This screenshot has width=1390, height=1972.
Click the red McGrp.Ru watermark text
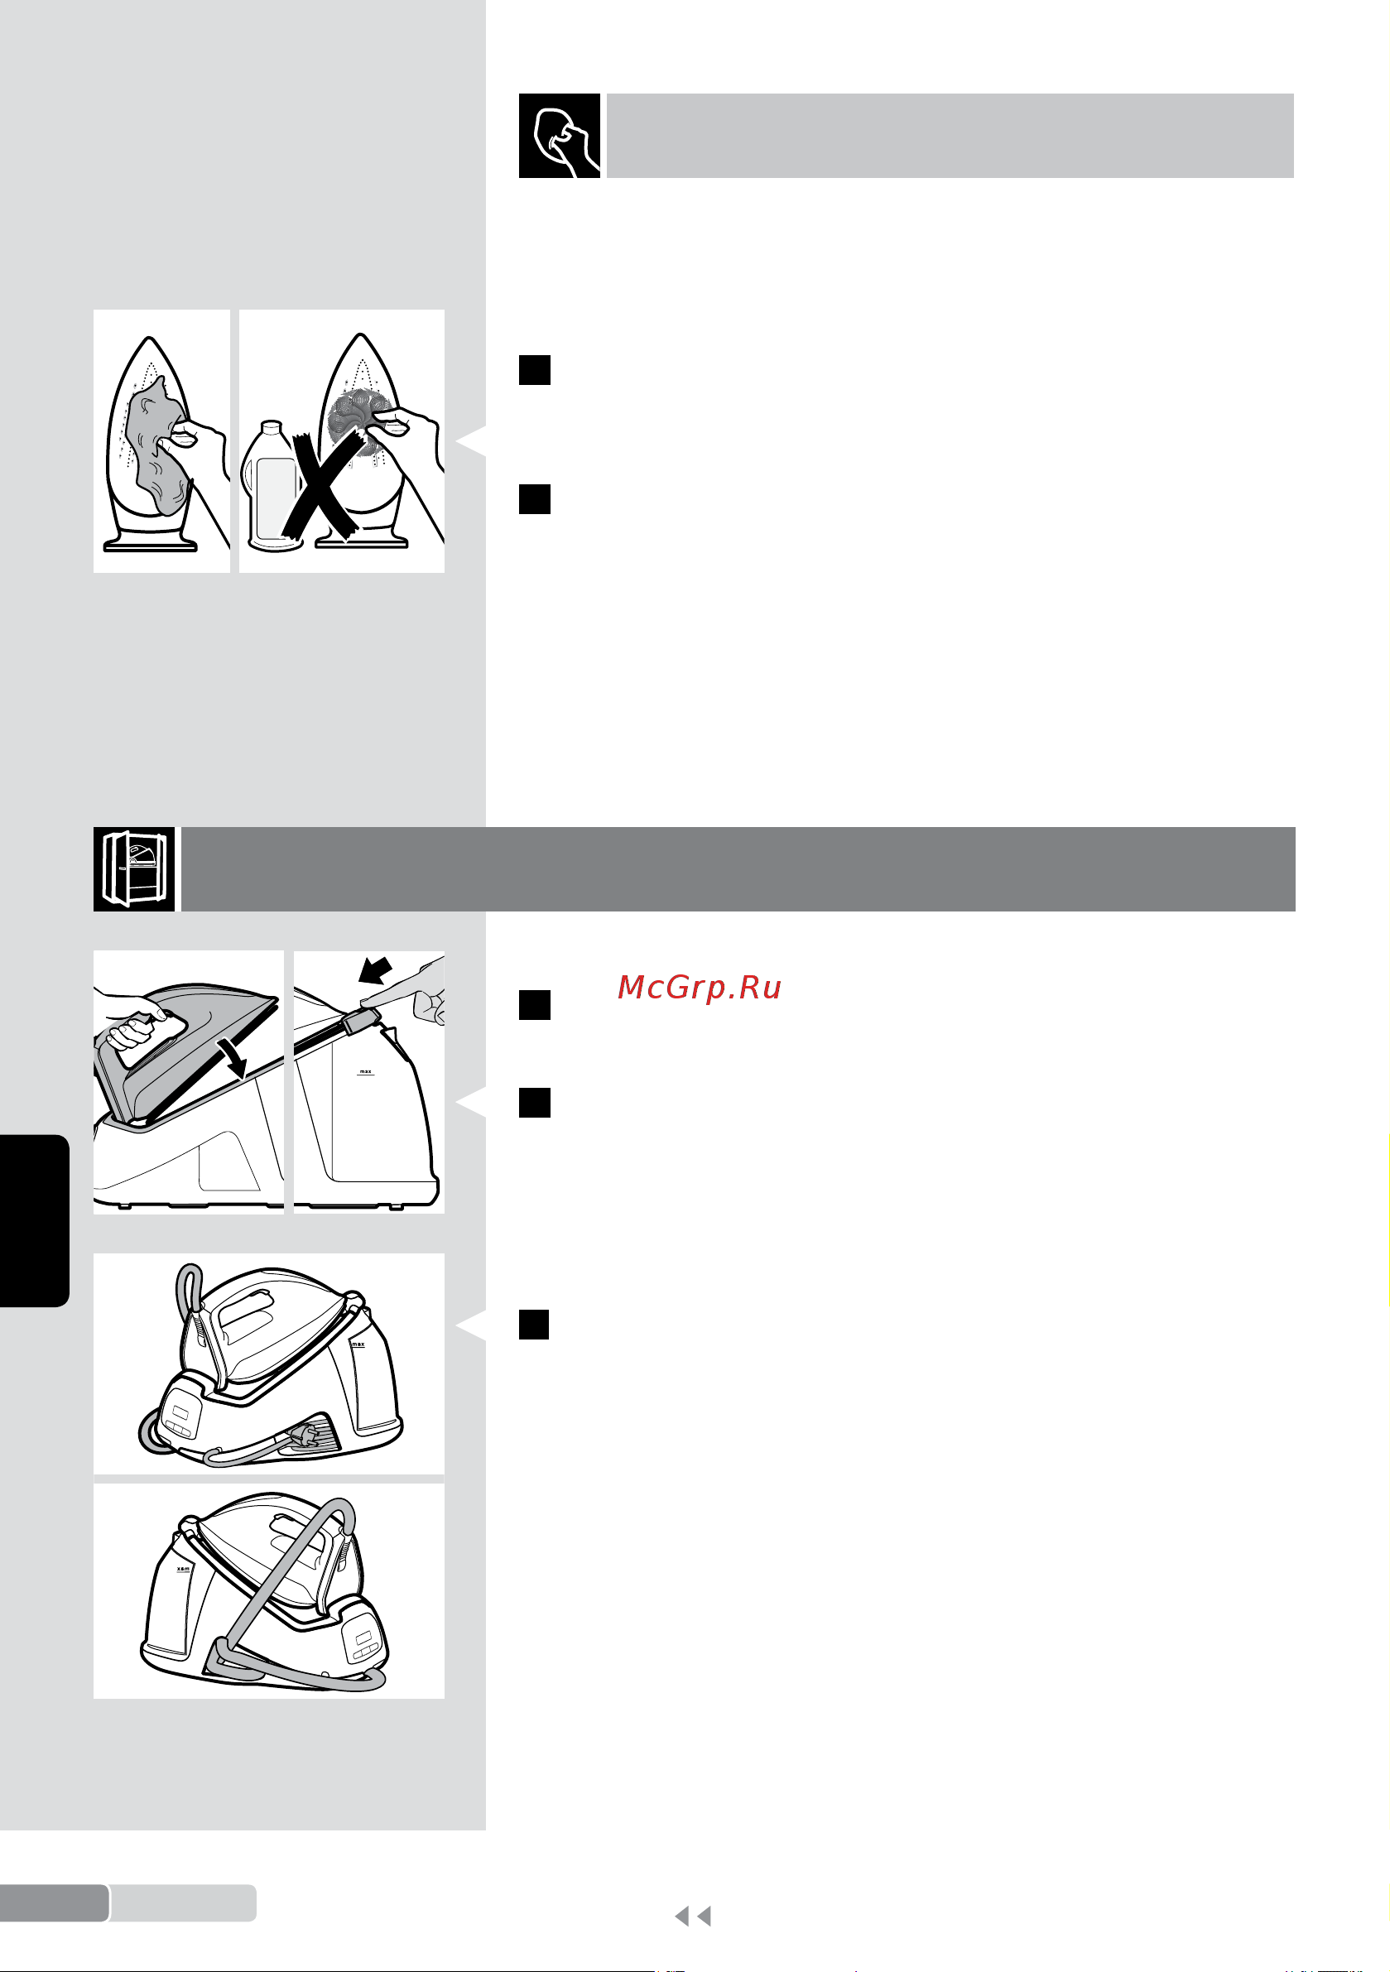(700, 988)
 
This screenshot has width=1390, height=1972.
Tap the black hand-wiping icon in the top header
(560, 136)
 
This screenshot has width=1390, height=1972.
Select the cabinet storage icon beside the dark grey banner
(134, 868)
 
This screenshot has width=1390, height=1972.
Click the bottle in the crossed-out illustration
(272, 486)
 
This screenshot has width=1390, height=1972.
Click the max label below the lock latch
(366, 1071)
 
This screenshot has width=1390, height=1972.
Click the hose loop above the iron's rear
(189, 1287)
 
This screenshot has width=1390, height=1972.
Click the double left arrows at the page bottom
(693, 1917)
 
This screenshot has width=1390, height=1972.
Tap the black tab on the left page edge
(35, 1220)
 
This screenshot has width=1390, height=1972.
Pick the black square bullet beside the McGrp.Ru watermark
(534, 1005)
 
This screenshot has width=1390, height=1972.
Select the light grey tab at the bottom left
(183, 1903)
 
